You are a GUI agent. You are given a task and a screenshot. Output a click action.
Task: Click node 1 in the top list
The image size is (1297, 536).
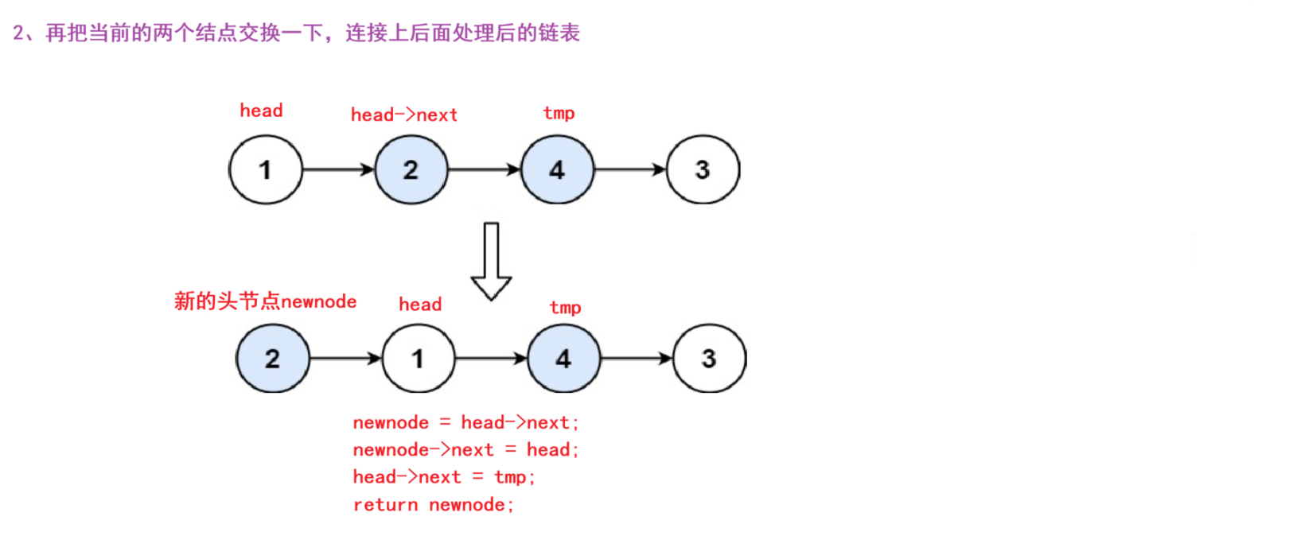(x=266, y=169)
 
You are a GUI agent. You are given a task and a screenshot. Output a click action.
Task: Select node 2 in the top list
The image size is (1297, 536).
(x=411, y=169)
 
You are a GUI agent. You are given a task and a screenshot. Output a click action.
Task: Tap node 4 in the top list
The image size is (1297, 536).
(x=557, y=169)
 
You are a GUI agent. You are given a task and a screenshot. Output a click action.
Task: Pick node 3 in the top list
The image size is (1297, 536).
(x=703, y=169)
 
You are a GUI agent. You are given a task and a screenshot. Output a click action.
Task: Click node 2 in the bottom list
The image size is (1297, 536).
(x=272, y=359)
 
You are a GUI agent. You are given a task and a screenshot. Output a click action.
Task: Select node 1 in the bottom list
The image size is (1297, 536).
(x=418, y=359)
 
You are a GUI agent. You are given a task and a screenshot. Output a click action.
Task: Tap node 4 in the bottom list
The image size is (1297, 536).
(x=563, y=359)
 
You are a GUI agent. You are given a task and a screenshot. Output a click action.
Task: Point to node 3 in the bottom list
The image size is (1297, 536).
(x=709, y=359)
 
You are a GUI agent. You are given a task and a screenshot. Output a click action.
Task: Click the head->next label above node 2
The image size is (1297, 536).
(x=404, y=115)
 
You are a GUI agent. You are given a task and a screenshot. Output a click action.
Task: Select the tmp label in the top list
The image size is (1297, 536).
(x=559, y=113)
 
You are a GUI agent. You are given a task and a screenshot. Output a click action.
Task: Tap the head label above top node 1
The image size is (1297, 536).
(x=261, y=111)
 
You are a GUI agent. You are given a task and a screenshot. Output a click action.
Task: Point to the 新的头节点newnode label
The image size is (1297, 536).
(x=265, y=301)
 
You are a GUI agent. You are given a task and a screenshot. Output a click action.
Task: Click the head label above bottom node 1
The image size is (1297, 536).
(x=420, y=305)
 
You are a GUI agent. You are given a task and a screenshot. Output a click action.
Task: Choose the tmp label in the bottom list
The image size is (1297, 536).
(x=565, y=308)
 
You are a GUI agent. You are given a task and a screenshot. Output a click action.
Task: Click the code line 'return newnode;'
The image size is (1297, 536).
(x=434, y=505)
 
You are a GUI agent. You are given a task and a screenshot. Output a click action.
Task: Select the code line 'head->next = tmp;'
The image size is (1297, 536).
(x=444, y=477)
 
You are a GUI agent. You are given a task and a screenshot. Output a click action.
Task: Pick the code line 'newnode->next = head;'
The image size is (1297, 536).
(x=465, y=450)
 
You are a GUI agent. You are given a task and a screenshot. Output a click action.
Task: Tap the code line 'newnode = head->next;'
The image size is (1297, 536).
(x=465, y=423)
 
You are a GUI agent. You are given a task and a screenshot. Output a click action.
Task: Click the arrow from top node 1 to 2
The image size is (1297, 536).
(x=338, y=169)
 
